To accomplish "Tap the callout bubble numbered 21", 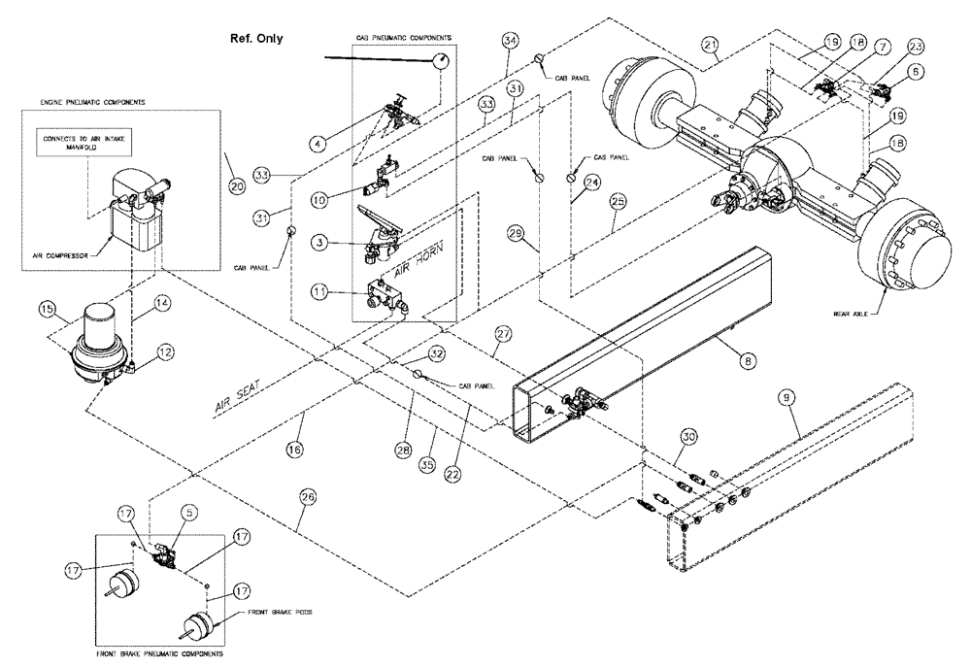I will (711, 46).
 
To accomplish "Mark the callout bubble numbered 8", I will (746, 359).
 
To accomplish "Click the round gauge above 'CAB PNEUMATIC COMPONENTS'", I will (442, 61).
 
